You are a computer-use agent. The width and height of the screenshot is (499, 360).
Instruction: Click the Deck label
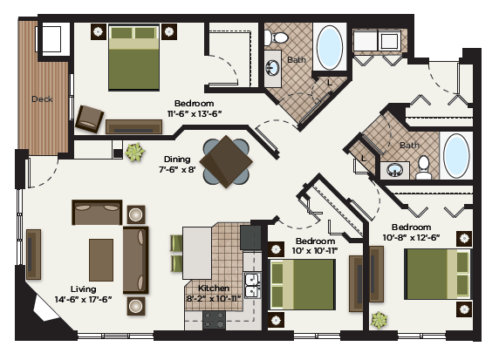click(41, 99)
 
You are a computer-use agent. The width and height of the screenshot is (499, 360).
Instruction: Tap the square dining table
click(226, 160)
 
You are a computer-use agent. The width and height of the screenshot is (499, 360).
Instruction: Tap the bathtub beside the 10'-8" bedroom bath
click(456, 156)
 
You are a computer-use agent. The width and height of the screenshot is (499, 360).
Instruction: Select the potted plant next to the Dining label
click(133, 153)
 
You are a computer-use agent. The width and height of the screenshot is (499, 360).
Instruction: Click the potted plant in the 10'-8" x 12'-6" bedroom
click(379, 320)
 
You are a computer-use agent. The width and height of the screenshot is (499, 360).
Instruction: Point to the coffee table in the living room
click(100, 259)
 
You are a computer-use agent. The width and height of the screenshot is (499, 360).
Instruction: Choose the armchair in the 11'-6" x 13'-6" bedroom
click(90, 118)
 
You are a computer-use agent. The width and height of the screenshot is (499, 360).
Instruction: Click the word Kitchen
click(214, 288)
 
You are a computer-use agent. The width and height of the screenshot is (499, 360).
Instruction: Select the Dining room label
click(179, 160)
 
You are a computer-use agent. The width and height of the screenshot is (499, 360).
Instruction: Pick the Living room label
click(84, 289)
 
